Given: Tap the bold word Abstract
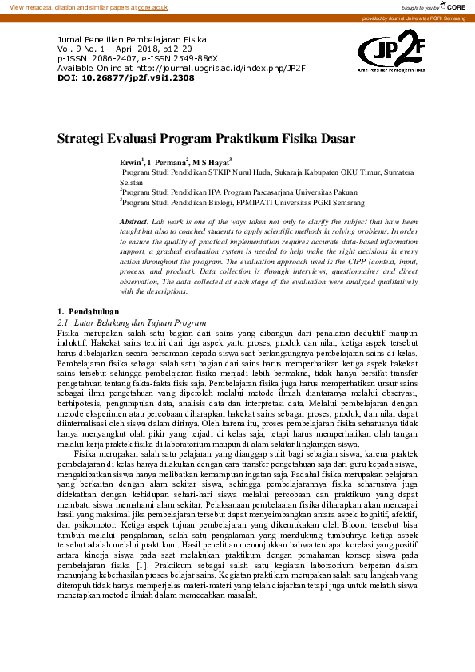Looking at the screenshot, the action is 133,219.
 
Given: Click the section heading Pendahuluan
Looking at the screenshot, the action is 93,310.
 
